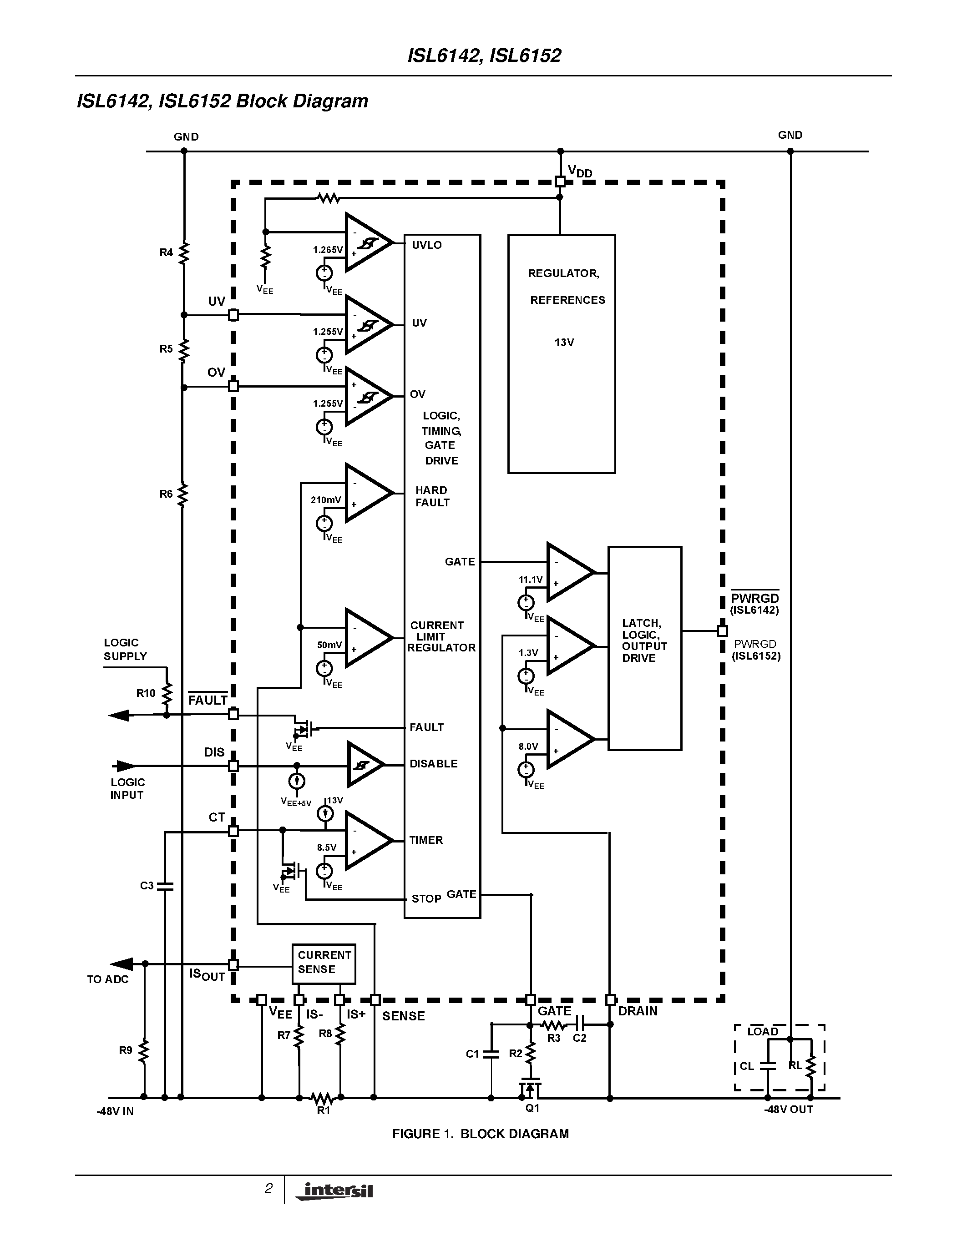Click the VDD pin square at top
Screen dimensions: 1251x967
[x=560, y=182]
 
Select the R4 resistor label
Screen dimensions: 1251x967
[x=166, y=252]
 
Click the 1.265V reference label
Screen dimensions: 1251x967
[x=328, y=250]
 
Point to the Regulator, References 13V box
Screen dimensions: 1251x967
[x=562, y=353]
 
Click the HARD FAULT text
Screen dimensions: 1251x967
[x=432, y=496]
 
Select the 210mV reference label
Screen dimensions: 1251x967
[x=326, y=499]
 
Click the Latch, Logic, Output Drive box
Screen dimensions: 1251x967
[x=644, y=648]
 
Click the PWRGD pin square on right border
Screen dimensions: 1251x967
[x=722, y=631]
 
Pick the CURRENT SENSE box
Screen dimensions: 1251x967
[x=324, y=963]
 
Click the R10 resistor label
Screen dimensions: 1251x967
[x=146, y=693]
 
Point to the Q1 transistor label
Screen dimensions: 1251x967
[x=532, y=1108]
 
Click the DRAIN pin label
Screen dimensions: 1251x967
[x=638, y=1011]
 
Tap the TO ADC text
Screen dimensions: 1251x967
[x=108, y=979]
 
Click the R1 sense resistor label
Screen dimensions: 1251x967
[x=324, y=1110]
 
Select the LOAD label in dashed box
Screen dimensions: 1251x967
[x=763, y=1031]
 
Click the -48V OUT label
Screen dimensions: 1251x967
[x=788, y=1110]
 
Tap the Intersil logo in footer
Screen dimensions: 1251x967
[x=335, y=1191]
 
